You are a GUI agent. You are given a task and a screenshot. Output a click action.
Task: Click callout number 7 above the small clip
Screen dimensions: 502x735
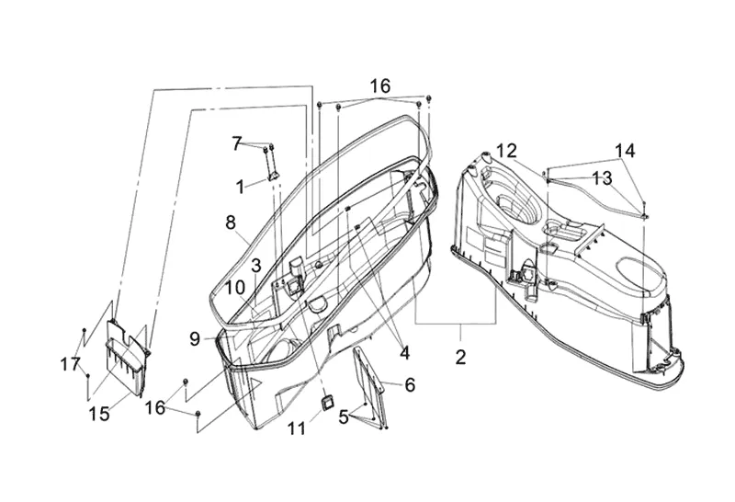pos(237,143)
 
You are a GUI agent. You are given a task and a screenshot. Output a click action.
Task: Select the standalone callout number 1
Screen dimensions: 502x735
pos(240,186)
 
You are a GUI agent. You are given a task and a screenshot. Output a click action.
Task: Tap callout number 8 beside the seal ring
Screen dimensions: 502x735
pos(231,222)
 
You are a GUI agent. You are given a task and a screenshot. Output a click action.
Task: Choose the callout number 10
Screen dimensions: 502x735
pos(235,287)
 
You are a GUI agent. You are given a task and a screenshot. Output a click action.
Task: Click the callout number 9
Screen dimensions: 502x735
pos(195,339)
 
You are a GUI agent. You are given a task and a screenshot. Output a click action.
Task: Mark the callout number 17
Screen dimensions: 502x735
pos(71,365)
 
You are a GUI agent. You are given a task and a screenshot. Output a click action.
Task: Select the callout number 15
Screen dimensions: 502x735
pos(100,415)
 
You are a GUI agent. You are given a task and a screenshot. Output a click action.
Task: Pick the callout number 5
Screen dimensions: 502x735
pos(344,416)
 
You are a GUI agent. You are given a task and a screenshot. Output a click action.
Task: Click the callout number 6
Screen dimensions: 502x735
pos(410,385)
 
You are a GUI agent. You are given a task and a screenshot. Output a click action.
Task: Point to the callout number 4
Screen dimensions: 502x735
pos(404,350)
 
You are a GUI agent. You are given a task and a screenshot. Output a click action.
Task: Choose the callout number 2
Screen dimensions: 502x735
pos(460,356)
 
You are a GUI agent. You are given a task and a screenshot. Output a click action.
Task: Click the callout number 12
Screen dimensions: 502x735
pos(507,150)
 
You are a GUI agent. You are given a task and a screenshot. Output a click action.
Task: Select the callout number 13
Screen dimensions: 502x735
pos(602,177)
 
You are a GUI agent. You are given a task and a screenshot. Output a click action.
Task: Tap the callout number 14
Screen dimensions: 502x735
pos(625,150)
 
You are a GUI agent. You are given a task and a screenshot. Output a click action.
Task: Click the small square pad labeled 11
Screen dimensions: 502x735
pos(325,401)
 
